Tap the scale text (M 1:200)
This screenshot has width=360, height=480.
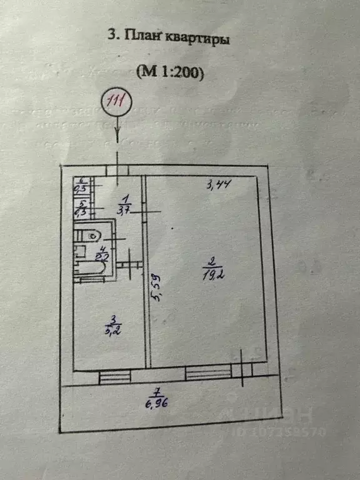tap(170, 73)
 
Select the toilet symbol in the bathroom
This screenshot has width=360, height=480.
tap(91, 236)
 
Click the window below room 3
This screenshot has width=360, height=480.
tap(114, 376)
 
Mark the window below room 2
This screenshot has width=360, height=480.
tap(206, 374)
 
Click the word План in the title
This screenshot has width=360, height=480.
tap(143, 37)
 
